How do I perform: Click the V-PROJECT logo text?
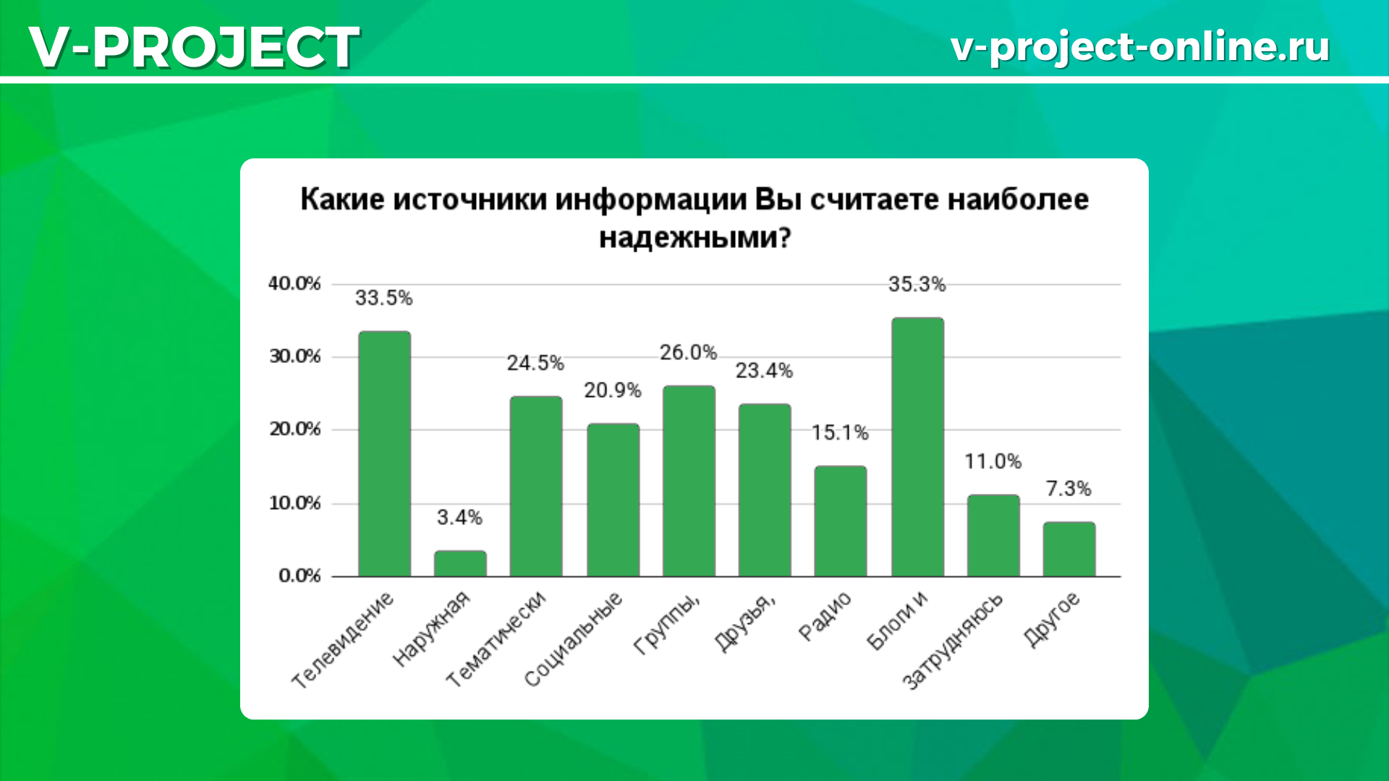(x=194, y=47)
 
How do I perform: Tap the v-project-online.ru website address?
(x=1140, y=47)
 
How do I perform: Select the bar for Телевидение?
(x=384, y=453)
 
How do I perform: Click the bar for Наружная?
(x=460, y=563)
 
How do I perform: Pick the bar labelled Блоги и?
(x=917, y=447)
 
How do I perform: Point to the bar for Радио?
(x=841, y=521)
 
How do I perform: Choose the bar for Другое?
(x=1069, y=549)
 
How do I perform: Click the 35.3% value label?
(x=917, y=284)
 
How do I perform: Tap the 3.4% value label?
(x=459, y=517)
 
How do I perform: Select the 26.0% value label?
(x=688, y=352)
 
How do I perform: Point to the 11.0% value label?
(x=993, y=461)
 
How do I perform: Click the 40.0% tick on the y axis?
(x=294, y=283)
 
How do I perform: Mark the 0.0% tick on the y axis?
(x=300, y=575)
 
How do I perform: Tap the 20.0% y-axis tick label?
(x=294, y=429)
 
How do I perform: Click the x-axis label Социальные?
(x=573, y=639)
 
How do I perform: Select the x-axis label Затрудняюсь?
(x=953, y=641)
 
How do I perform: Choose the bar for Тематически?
(x=536, y=486)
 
